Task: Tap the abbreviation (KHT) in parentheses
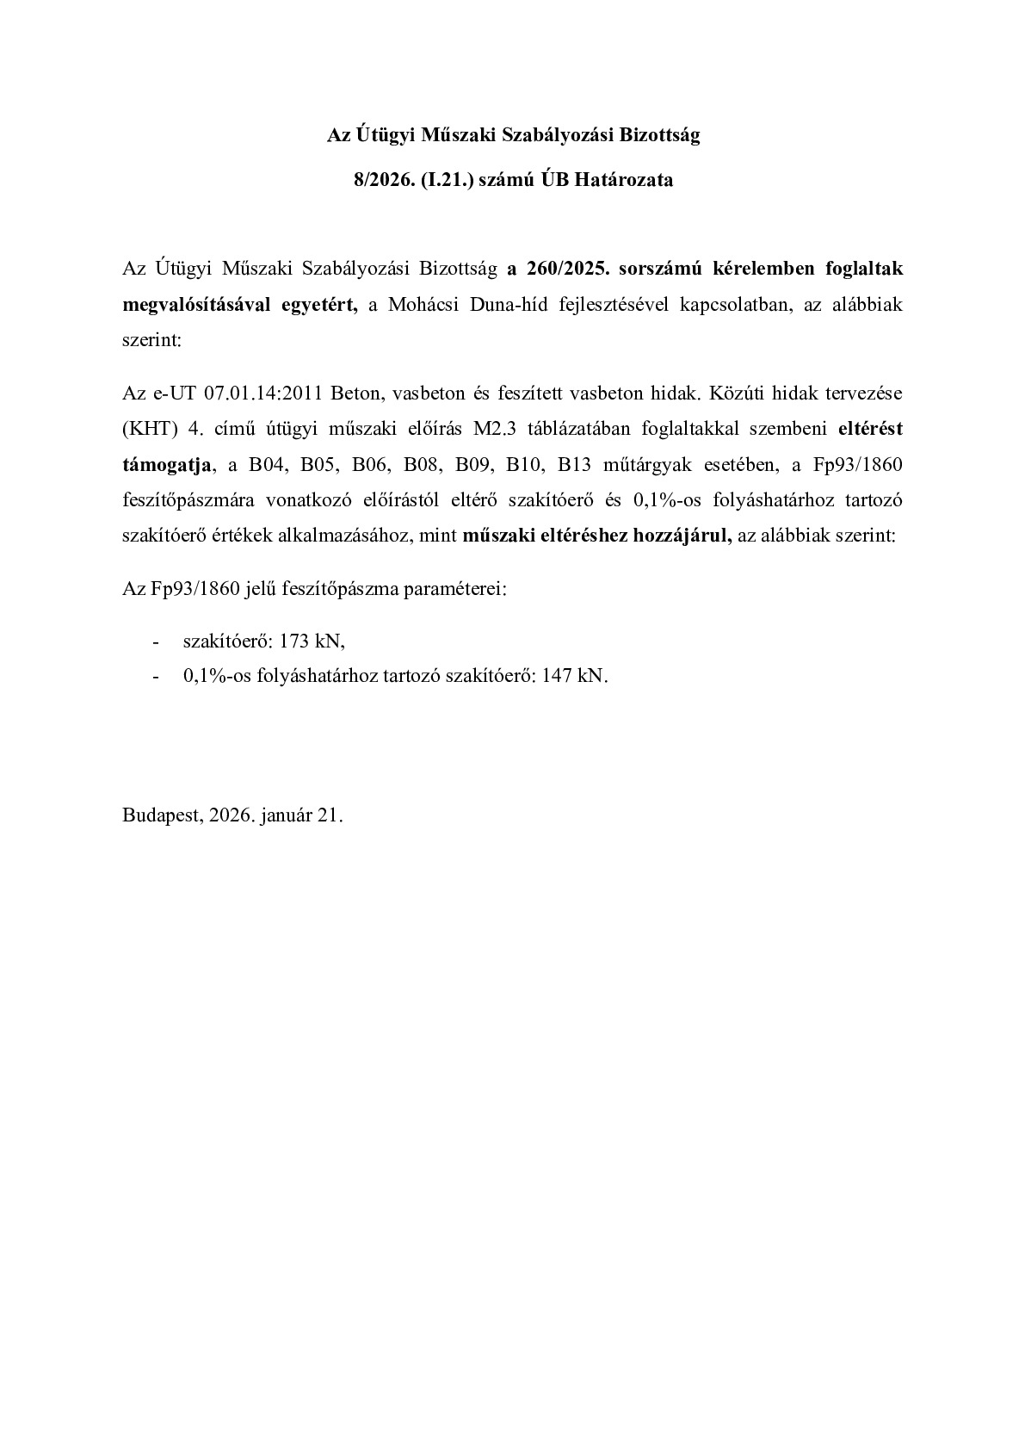pyautogui.click(x=151, y=429)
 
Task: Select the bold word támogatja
pyautogui.click(x=167, y=465)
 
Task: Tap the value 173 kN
pyautogui.click(x=312, y=641)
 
